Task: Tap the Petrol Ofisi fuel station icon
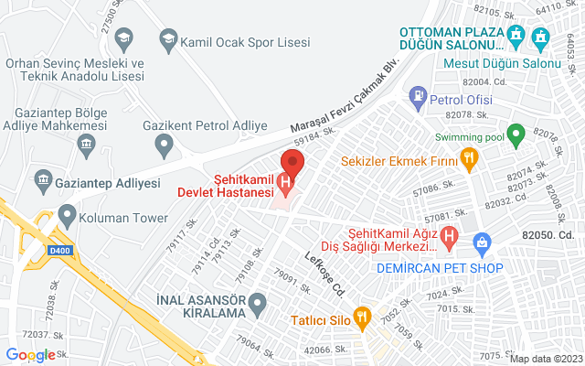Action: click(418, 94)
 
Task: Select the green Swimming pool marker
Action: click(516, 137)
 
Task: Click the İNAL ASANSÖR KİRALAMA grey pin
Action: click(258, 301)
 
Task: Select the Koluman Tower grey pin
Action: click(67, 217)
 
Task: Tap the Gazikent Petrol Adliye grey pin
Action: click(165, 143)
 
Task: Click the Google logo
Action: click(29, 355)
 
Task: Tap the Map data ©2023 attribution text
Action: click(544, 359)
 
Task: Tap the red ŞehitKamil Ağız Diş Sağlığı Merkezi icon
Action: click(449, 237)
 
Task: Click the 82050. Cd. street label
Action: click(551, 234)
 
